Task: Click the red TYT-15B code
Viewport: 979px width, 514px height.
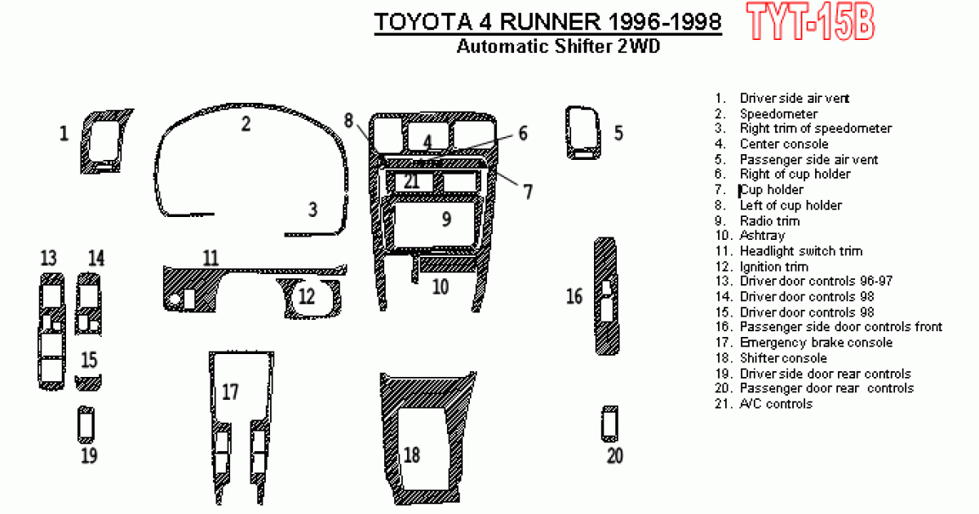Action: [810, 21]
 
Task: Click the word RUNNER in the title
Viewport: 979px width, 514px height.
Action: [550, 22]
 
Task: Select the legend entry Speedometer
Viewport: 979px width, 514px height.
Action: [778, 114]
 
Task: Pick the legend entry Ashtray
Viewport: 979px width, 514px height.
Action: [762, 236]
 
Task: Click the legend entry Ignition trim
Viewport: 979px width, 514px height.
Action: [774, 267]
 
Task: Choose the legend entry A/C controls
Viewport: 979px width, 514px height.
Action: [776, 403]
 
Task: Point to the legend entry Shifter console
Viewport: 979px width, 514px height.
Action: [783, 358]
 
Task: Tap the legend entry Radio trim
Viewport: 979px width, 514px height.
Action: [769, 221]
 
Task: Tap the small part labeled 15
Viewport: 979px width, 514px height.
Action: [88, 383]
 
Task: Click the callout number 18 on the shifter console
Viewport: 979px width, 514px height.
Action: [412, 455]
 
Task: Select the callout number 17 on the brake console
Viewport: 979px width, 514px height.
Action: [230, 392]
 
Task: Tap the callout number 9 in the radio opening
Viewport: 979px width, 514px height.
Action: [446, 219]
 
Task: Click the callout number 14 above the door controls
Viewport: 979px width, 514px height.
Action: [96, 258]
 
